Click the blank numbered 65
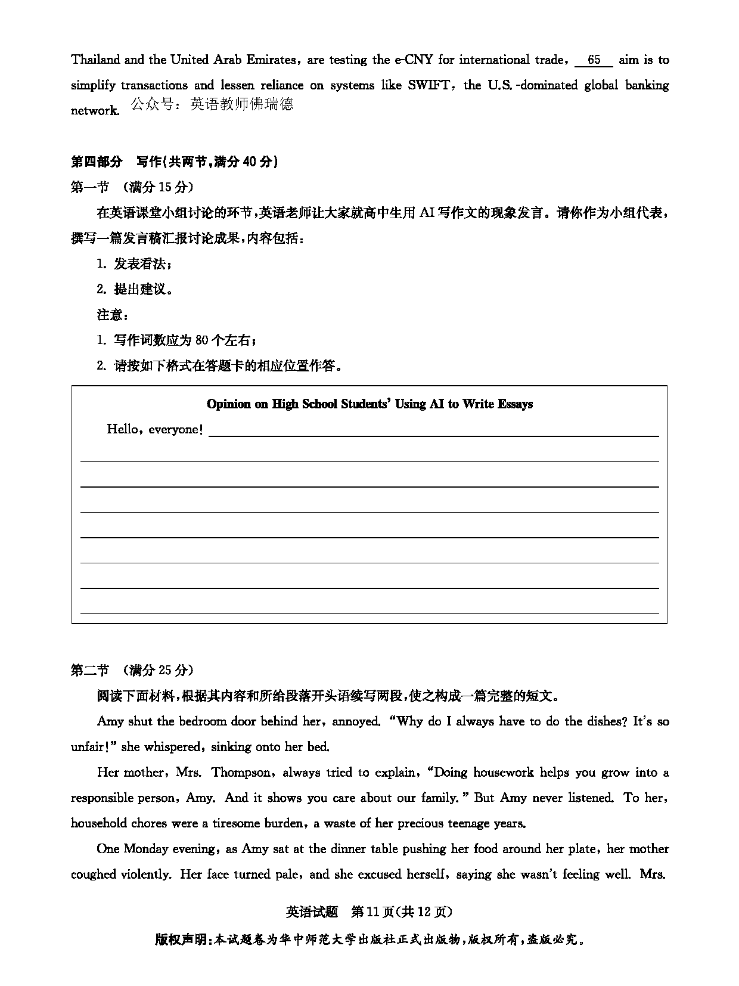[x=594, y=60]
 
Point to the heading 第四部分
[x=97, y=162]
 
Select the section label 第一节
[x=90, y=187]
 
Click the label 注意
[x=110, y=315]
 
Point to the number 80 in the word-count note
[x=201, y=340]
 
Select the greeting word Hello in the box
[x=122, y=429]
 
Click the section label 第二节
[x=90, y=670]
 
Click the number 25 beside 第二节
[x=164, y=670]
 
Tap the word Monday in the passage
[x=148, y=849]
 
